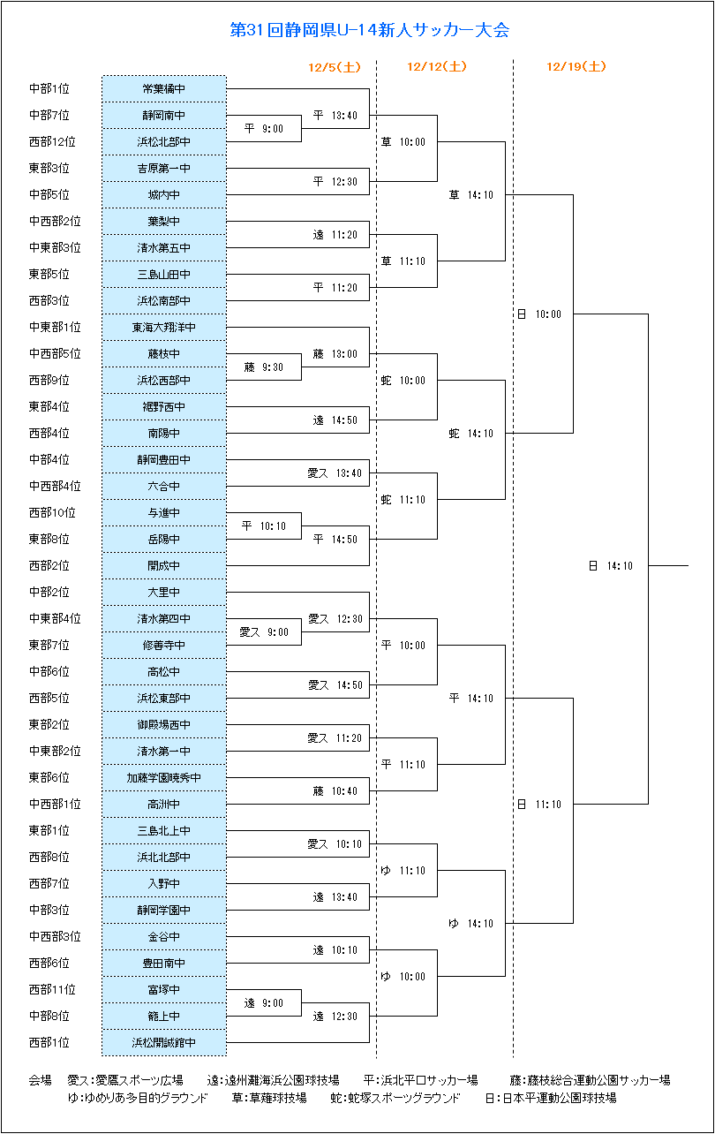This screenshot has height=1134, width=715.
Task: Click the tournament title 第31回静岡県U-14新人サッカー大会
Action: pyautogui.click(x=369, y=30)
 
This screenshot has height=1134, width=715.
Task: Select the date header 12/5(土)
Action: pyautogui.click(x=335, y=67)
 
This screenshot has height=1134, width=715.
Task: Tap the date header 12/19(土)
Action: pyautogui.click(x=576, y=66)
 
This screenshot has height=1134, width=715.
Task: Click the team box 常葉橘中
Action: pyautogui.click(x=164, y=89)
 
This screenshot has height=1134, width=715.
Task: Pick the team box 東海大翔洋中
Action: pyautogui.click(x=164, y=328)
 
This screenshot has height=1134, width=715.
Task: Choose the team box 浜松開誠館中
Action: pyautogui.click(x=164, y=1042)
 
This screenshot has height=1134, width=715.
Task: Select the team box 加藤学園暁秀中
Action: pyautogui.click(x=164, y=777)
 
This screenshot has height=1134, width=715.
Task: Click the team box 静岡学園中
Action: pyautogui.click(x=164, y=910)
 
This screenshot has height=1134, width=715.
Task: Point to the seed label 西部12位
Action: pyautogui.click(x=52, y=141)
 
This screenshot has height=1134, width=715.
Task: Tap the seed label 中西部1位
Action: pyautogui.click(x=55, y=804)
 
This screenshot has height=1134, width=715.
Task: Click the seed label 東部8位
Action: pyautogui.click(x=49, y=539)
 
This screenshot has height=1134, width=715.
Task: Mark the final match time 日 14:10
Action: pyautogui.click(x=611, y=565)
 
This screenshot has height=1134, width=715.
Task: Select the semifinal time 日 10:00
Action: pyautogui.click(x=539, y=314)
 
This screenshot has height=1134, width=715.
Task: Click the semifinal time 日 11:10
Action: pyautogui.click(x=539, y=804)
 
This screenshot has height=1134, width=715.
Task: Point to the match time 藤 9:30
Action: pyautogui.click(x=264, y=367)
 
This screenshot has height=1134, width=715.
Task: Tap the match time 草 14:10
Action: pyautogui.click(x=471, y=195)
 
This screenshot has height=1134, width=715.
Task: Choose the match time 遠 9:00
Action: pyautogui.click(x=264, y=1003)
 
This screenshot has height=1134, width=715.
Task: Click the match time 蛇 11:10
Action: pyautogui.click(x=403, y=500)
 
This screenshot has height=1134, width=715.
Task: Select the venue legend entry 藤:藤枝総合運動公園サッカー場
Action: pyautogui.click(x=590, y=1080)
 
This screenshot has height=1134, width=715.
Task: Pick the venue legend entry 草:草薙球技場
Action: pyautogui.click(x=269, y=1098)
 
